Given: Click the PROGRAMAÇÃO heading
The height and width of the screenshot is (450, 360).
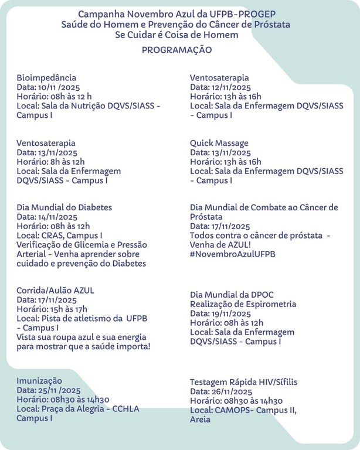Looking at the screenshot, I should pyautogui.click(x=176, y=50).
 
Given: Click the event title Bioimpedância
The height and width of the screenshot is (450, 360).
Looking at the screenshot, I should pyautogui.click(x=46, y=77).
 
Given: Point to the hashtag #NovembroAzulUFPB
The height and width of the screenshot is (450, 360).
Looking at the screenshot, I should pyautogui.click(x=233, y=254).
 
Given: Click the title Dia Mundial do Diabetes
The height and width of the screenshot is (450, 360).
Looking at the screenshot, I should pyautogui.click(x=64, y=207).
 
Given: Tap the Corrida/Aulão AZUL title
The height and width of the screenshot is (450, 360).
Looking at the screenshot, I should pyautogui.click(x=56, y=290).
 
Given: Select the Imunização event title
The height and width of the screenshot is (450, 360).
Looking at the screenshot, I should pyautogui.click(x=39, y=380).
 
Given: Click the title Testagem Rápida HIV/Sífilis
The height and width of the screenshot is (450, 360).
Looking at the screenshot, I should pyautogui.click(x=243, y=382).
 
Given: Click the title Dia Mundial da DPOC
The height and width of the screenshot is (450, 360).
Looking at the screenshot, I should pyautogui.click(x=232, y=294).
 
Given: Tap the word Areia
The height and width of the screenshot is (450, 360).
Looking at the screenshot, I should pyautogui.click(x=200, y=420).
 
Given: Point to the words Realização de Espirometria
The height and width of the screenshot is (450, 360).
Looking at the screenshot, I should pyautogui.click(x=243, y=304).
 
